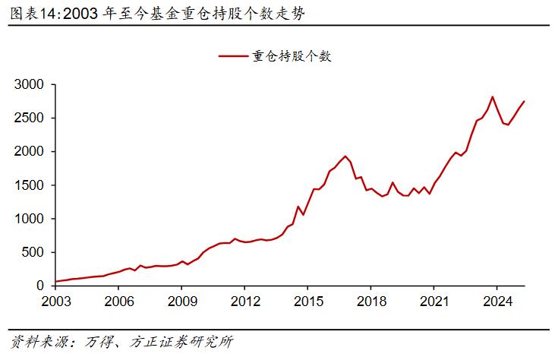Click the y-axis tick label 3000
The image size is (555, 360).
click(30, 84)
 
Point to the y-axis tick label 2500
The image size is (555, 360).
click(30, 118)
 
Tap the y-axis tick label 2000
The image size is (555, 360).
click(30, 152)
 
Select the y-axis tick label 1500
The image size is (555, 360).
click(30, 185)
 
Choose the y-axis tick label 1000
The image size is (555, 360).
click(30, 219)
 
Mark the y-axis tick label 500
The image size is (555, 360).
click(34, 252)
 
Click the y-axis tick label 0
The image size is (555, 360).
click(42, 286)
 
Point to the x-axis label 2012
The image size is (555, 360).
click(244, 301)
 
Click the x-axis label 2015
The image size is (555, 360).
click(307, 301)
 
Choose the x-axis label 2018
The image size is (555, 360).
click(370, 301)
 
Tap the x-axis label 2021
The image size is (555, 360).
click(433, 301)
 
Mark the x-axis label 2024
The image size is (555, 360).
click(496, 301)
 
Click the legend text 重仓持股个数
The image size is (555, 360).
click(292, 56)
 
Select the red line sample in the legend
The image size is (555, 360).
click(233, 56)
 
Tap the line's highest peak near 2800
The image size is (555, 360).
click(493, 96)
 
